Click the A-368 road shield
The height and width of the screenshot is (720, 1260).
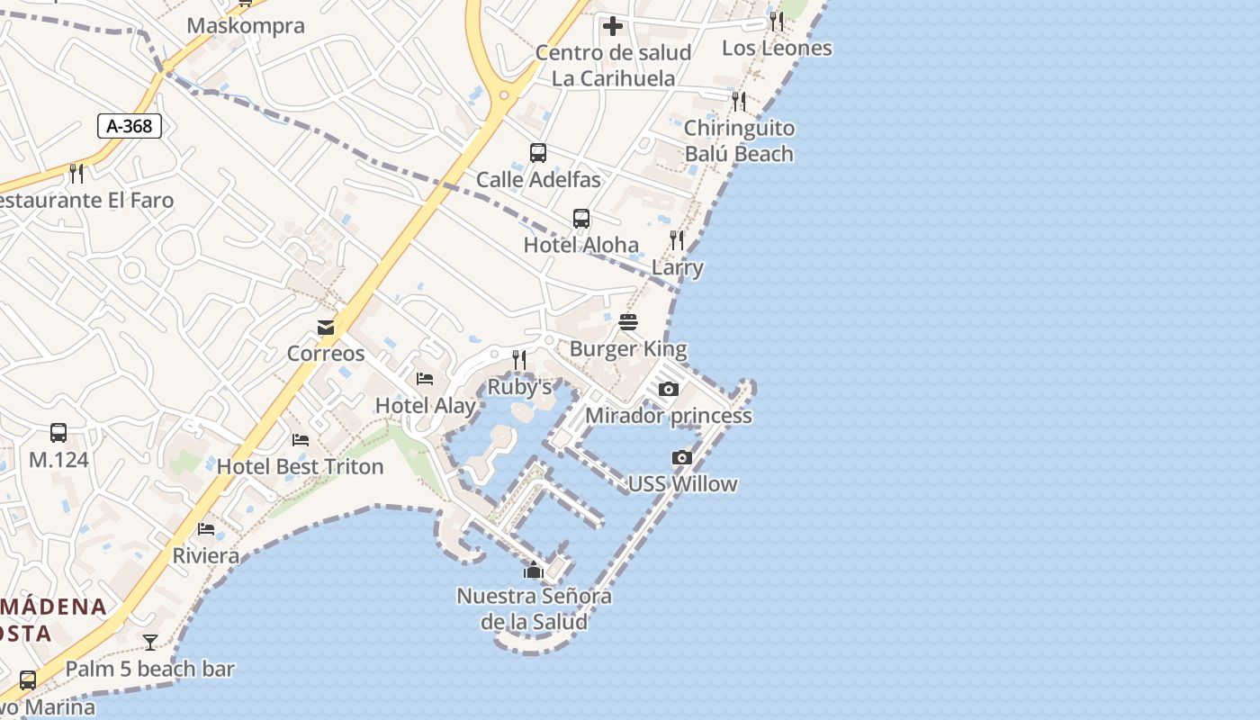[130, 126]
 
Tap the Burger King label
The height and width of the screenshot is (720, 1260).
[628, 348]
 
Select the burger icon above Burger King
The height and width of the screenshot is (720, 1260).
[628, 322]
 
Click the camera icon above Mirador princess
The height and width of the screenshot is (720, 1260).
[669, 389]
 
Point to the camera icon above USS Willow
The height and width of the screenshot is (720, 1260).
[682, 457]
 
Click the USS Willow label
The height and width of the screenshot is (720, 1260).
[682, 483]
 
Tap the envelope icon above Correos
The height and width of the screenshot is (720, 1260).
[326, 328]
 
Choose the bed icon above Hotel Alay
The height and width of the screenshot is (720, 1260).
[425, 379]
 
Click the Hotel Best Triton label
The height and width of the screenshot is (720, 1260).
[300, 466]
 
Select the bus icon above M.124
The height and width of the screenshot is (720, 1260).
[58, 433]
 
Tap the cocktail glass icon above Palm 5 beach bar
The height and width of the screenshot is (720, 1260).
[150, 643]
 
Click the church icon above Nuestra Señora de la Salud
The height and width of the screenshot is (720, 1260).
[534, 570]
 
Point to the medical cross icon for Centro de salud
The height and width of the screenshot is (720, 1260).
[613, 26]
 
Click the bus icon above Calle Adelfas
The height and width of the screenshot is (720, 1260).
[538, 153]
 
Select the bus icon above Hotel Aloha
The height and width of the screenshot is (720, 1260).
[581, 219]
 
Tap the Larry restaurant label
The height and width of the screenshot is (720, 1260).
[677, 267]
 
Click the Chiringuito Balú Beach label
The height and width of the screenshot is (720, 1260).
[739, 140]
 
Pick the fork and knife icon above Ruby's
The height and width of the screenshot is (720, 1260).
[519, 360]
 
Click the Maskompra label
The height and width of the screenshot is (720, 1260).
[246, 25]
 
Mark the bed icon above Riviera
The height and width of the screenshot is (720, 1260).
[206, 529]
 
